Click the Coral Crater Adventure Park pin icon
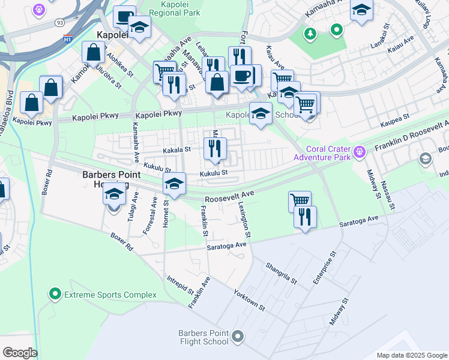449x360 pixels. click(360, 151)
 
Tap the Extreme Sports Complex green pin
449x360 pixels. click(55, 295)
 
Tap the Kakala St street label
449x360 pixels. click(176, 150)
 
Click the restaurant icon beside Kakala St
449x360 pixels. click(215, 148)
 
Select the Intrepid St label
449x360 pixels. click(181, 287)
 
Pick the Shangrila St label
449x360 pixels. click(282, 271)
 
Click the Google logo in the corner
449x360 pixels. click(20, 353)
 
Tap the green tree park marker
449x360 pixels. click(310, 33)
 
